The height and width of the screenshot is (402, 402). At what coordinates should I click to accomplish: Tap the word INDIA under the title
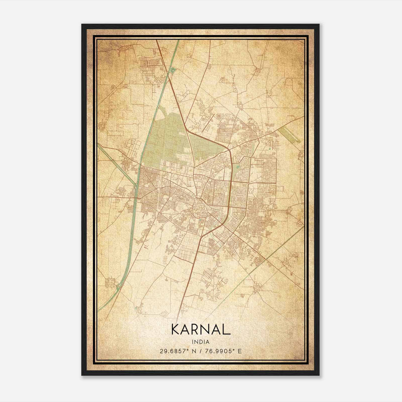tap(200, 342)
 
